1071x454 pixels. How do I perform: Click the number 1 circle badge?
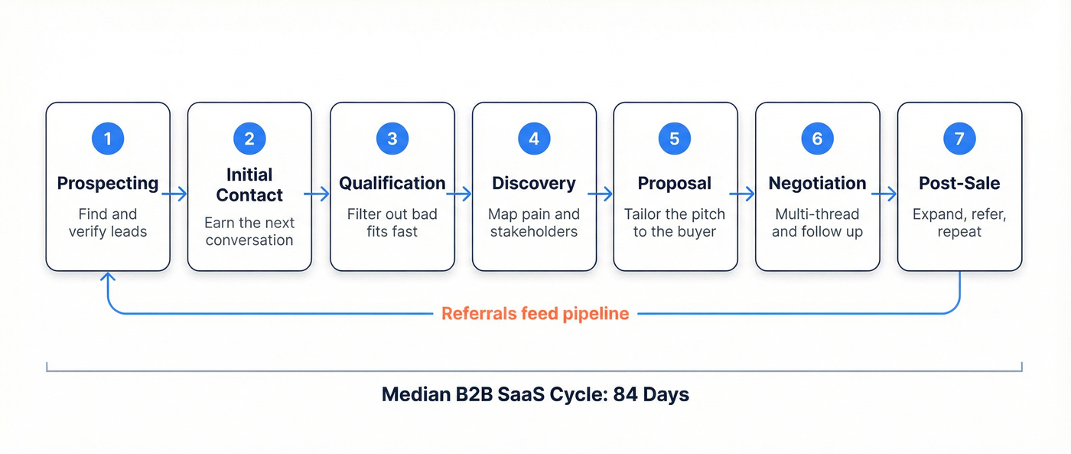(108, 139)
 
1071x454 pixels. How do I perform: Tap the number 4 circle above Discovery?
(534, 139)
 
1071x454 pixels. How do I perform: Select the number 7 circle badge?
(959, 139)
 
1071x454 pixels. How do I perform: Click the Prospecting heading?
(108, 184)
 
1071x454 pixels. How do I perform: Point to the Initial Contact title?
(249, 185)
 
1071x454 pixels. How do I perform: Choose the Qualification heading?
(392, 184)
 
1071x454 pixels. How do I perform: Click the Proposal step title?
(675, 184)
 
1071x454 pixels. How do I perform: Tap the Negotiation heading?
(817, 184)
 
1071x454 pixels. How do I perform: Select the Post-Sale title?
(959, 184)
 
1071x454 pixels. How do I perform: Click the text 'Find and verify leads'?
(108, 223)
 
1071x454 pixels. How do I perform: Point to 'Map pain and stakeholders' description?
(534, 223)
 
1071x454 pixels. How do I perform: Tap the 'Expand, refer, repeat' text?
(959, 223)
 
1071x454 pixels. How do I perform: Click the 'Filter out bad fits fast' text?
(392, 223)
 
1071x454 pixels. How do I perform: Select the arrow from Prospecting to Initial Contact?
(175, 194)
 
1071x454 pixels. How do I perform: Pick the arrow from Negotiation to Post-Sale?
(884, 194)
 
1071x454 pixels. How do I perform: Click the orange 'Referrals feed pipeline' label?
(535, 314)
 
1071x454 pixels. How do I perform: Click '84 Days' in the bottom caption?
(651, 395)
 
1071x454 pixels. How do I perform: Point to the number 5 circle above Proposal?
(675, 139)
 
